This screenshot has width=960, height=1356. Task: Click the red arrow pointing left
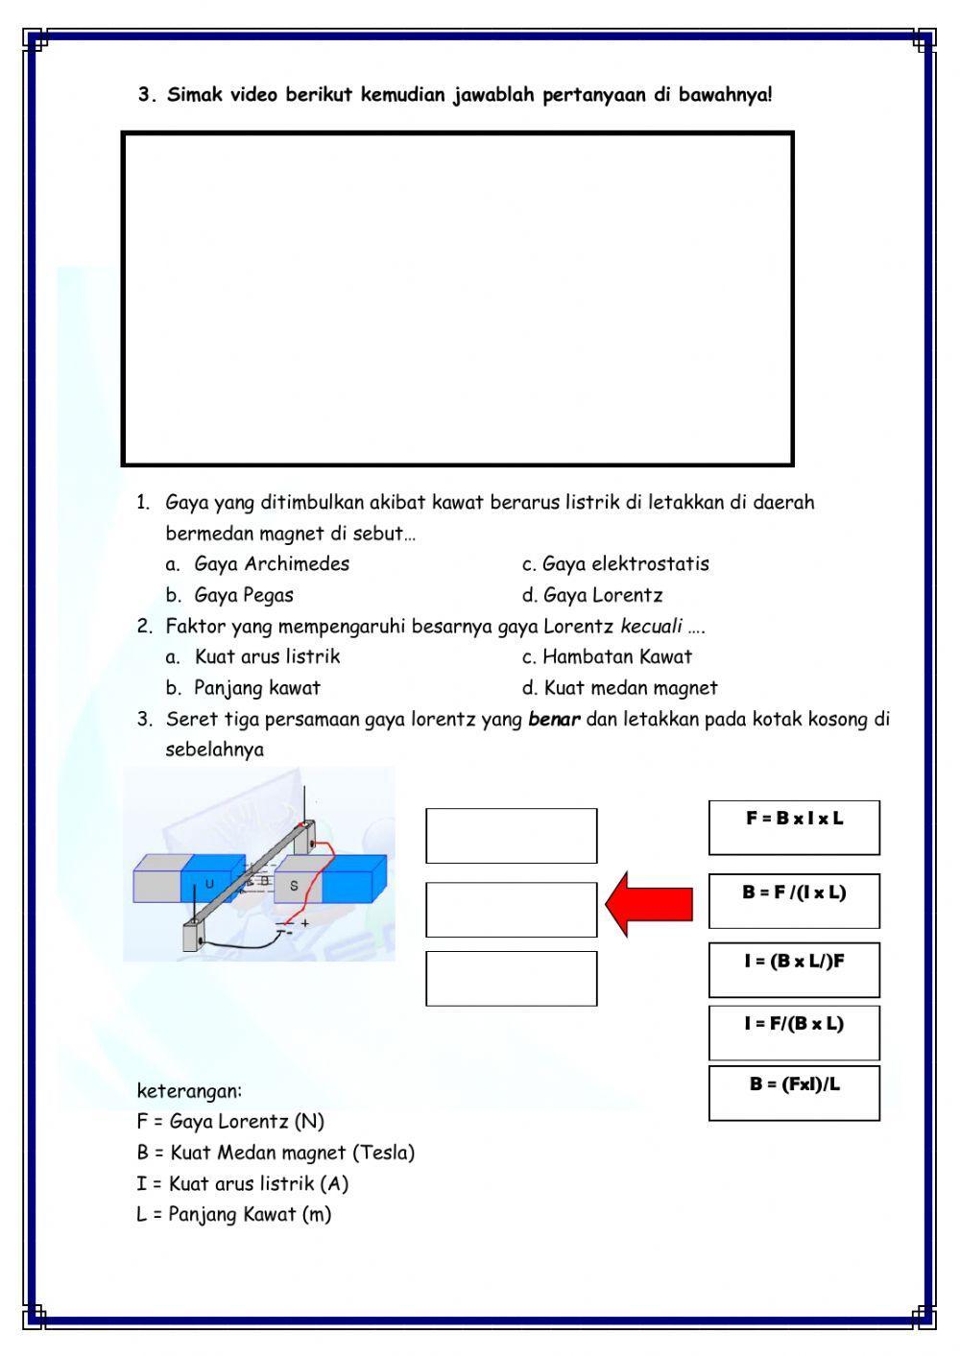[x=648, y=904]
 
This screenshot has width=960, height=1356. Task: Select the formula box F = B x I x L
[x=794, y=826]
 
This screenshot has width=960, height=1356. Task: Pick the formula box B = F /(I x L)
[x=794, y=900]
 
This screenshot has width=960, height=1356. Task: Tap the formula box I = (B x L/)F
[x=794, y=969]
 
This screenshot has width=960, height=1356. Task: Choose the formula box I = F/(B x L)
[x=794, y=1032]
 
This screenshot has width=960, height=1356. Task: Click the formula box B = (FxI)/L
[x=794, y=1092]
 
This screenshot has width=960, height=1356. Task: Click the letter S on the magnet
[x=294, y=886]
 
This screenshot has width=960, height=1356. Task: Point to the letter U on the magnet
[x=209, y=883]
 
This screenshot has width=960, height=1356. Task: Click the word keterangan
[x=189, y=1091]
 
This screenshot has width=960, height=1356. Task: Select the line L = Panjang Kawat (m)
[x=233, y=1215]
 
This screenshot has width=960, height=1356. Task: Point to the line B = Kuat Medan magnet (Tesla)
[x=276, y=1153]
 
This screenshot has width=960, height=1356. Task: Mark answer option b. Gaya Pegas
[x=243, y=595]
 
